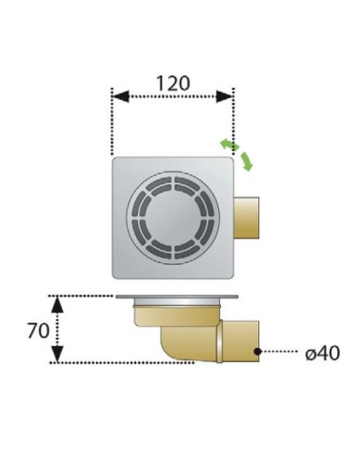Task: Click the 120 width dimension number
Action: (173, 83)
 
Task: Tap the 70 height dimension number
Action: (38, 331)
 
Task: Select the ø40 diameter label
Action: (322, 353)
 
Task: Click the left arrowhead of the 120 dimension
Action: (120, 96)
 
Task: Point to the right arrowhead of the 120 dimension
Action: (225, 96)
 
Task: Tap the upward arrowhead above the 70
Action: (57, 304)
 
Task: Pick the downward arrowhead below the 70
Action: (57, 355)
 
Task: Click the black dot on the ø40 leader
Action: (257, 352)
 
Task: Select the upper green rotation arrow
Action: (230, 145)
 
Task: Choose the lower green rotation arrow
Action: (247, 161)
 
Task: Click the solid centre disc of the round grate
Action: (173, 216)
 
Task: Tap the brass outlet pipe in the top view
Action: (247, 217)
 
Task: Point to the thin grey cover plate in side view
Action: (177, 297)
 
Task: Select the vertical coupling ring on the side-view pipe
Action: (220, 341)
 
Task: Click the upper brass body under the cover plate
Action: (177, 315)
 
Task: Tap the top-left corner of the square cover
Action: (112, 157)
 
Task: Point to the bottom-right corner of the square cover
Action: (233, 278)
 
